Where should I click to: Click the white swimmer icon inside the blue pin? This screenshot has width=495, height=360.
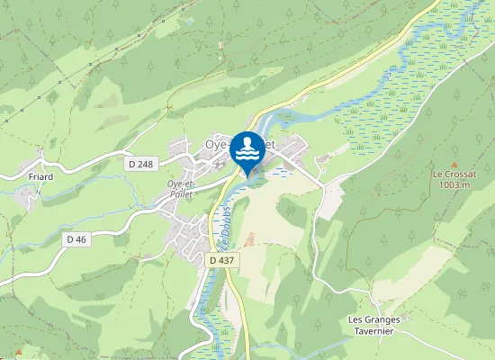pos(247,147)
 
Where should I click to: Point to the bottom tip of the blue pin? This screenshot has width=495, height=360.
pos(247,173)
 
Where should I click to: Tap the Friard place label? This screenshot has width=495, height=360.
pos(41,176)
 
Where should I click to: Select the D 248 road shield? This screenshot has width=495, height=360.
pos(141,164)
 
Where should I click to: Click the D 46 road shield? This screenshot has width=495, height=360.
pos(76,238)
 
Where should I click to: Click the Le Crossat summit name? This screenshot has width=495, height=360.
pos(451,174)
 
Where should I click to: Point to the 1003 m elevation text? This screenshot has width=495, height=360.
pos(451,184)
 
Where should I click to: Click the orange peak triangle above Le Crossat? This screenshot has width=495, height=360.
pos(452,161)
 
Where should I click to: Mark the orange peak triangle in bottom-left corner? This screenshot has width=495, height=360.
pos(17,351)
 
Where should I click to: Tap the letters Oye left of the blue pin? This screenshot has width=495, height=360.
pos(217,142)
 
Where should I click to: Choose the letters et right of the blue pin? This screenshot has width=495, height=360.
pos(271,142)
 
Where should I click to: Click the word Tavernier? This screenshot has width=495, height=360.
pos(377,329)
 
